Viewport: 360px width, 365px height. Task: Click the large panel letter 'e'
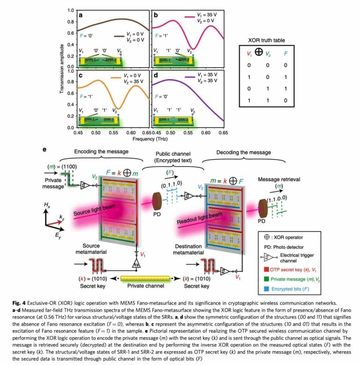45,150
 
